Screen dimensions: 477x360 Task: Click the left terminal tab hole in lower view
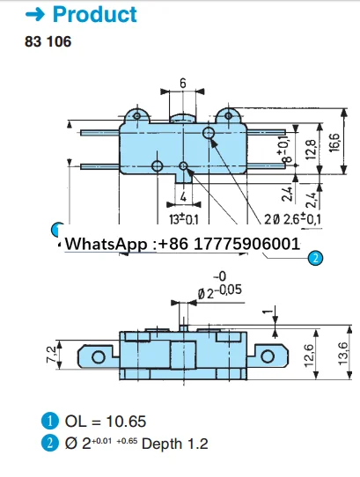tap(95, 356)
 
